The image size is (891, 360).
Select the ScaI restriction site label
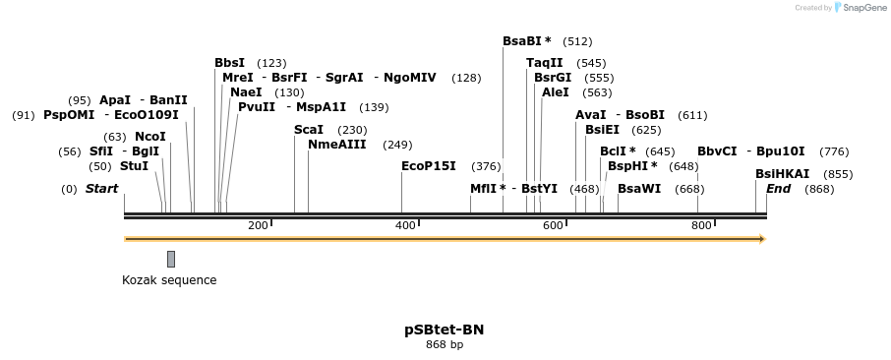coord(309,130)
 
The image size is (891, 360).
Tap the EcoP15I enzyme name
coord(429,166)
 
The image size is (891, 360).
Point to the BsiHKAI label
coord(782,174)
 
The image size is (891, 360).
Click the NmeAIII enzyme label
coord(337,145)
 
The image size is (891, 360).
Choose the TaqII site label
coord(545,63)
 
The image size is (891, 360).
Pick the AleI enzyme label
coord(556,92)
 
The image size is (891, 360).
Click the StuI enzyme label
coord(134,166)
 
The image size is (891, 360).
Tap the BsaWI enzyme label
coord(639,189)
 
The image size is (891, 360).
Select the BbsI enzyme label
coord(230,63)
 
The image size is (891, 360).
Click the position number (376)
coord(486,166)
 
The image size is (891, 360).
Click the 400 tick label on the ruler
coord(405,225)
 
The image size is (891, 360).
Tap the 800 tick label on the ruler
coord(701,225)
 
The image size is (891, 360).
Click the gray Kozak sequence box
coord(171,259)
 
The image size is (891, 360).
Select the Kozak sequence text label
coord(169,280)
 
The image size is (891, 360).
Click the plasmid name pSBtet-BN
coord(445,330)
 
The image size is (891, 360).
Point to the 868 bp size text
coord(445,345)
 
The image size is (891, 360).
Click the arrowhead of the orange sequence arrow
coord(761,239)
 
